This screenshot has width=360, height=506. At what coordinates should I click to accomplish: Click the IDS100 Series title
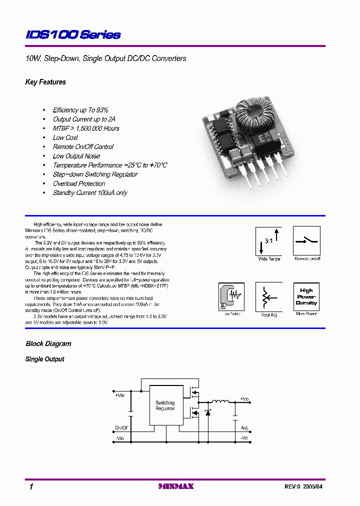(73, 34)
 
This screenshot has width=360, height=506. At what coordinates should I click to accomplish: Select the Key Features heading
(45, 82)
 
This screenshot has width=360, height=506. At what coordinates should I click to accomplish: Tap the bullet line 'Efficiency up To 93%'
(80, 110)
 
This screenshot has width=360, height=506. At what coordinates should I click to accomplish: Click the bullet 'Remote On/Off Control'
(83, 147)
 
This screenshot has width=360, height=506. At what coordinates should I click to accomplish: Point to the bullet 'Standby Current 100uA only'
(90, 193)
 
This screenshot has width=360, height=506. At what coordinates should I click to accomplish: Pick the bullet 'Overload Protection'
(79, 183)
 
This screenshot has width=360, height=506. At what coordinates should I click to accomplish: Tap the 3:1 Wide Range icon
(269, 241)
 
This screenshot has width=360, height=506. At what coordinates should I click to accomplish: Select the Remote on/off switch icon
(306, 241)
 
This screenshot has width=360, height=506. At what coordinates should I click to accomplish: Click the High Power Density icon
(306, 296)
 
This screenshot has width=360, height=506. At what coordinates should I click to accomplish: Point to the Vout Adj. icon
(269, 297)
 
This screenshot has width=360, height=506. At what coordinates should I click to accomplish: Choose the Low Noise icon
(231, 297)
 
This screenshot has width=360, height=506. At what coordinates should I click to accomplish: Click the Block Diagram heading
(48, 344)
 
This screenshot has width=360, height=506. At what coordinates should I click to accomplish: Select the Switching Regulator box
(165, 405)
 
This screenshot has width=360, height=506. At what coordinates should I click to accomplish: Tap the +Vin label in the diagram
(119, 395)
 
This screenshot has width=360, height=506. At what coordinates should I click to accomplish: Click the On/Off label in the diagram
(121, 428)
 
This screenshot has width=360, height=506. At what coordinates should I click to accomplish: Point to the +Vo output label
(244, 398)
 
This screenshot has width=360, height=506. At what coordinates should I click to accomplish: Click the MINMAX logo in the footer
(175, 486)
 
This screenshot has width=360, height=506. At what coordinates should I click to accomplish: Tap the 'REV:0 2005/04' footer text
(307, 486)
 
